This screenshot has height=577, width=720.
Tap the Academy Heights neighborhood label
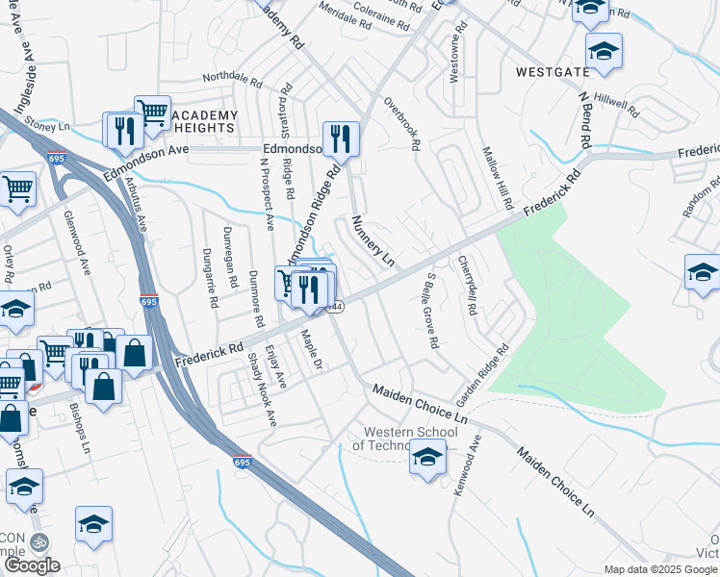pyautogui.click(x=205, y=121)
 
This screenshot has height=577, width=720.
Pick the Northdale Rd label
pyautogui.click(x=233, y=80)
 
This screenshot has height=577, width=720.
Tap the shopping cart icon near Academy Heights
pyautogui.click(x=152, y=113)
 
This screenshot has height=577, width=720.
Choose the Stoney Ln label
pyautogui.click(x=48, y=125)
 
